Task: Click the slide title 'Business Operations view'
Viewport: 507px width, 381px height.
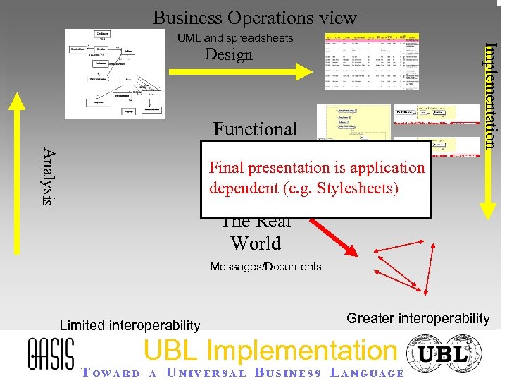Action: pyautogui.click(x=254, y=17)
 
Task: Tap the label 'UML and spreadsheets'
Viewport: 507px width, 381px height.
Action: pyautogui.click(x=235, y=38)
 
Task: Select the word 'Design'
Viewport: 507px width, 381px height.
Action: pyautogui.click(x=228, y=55)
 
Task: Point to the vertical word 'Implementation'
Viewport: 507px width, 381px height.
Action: pyautogui.click(x=492, y=95)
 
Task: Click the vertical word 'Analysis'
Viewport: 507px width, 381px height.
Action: pyautogui.click(x=48, y=176)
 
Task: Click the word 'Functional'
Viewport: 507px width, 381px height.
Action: pyautogui.click(x=255, y=129)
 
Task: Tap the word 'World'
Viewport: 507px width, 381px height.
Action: pyautogui.click(x=255, y=243)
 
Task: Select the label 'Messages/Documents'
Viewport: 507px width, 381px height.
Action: pyautogui.click(x=265, y=267)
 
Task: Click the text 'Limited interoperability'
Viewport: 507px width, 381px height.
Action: pyautogui.click(x=130, y=325)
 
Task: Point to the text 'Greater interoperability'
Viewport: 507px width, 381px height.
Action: pyautogui.click(x=418, y=318)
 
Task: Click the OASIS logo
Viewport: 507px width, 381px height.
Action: pyautogui.click(x=50, y=352)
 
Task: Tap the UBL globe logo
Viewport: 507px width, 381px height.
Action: pyautogui.click(x=444, y=353)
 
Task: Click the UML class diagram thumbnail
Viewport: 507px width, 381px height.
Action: pyautogui.click(x=116, y=73)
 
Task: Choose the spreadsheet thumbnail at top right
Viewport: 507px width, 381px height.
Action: pyautogui.click(x=371, y=61)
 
